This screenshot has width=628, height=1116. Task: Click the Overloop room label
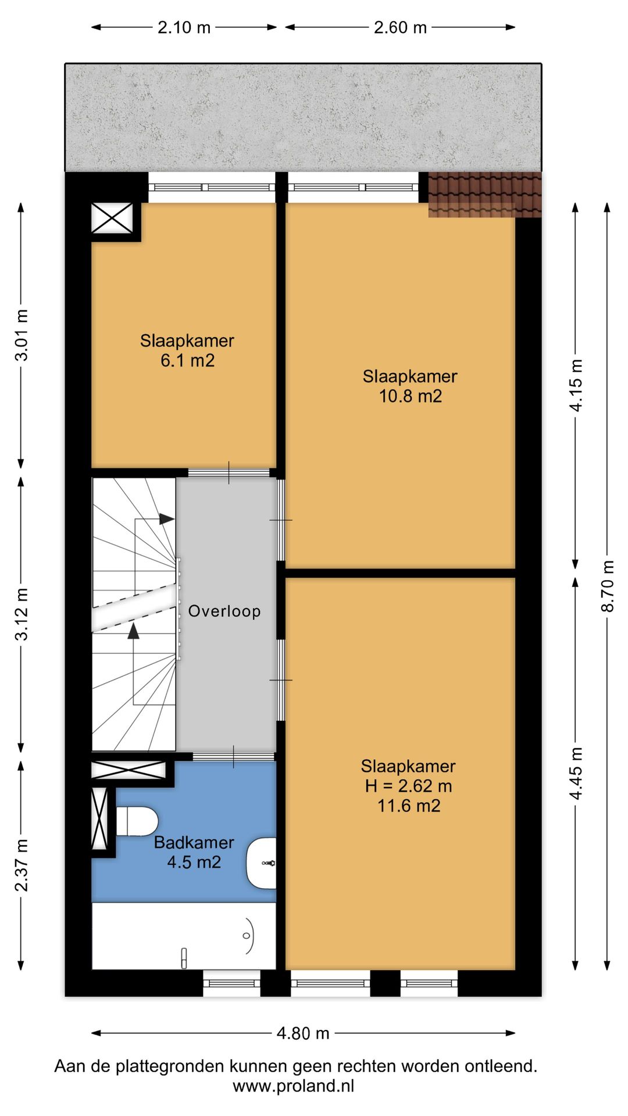coord(224,611)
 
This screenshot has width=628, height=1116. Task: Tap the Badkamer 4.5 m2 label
coord(194,852)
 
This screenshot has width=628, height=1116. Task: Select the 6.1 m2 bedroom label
coord(187,350)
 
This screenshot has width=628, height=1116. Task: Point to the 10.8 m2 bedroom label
coord(410,386)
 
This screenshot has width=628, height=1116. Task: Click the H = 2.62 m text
coord(408,786)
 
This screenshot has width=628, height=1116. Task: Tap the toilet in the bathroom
coord(137,821)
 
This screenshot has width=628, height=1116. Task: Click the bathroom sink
coord(262,863)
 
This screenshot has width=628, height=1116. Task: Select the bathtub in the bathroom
coord(184,936)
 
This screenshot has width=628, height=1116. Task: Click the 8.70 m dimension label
coord(607,586)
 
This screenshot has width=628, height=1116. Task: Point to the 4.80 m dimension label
coord(303,1033)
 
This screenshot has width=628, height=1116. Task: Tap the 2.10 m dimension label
coord(184,27)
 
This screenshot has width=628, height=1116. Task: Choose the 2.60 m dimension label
coord(400,27)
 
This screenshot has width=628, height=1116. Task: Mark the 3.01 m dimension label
coord(22,335)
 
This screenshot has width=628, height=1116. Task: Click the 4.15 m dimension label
coord(576,385)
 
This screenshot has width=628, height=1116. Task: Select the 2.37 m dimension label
coord(22,865)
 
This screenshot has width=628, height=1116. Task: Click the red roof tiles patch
coord(484,195)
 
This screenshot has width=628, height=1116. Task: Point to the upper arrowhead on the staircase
coord(166,519)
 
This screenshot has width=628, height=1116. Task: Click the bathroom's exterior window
coord(233,983)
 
